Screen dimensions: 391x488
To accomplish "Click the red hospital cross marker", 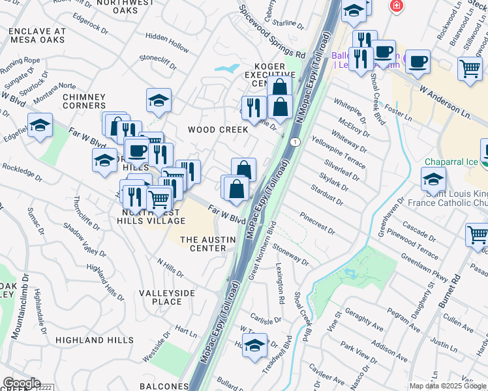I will tap(396, 6).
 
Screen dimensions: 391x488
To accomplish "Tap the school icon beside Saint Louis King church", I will tap(433, 179).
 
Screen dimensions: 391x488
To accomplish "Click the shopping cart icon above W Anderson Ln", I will tap(470, 68).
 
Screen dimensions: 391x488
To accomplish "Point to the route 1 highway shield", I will tap(296, 141).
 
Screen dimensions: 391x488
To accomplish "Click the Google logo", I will tap(22, 383).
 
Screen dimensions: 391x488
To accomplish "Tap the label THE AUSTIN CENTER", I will tap(207, 244).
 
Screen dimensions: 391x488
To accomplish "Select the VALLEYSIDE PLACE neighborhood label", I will tap(167, 297).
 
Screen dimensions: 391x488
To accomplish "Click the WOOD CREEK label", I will tap(218, 130).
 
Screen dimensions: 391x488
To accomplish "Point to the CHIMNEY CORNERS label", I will tap(84, 101).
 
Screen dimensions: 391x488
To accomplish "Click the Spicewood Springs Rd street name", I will tap(271, 31).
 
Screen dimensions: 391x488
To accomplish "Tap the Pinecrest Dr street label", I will tap(317, 222).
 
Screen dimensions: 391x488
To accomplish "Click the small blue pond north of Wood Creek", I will tap(227, 68).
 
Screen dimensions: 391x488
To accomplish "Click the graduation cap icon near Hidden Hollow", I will tap(159, 100).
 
